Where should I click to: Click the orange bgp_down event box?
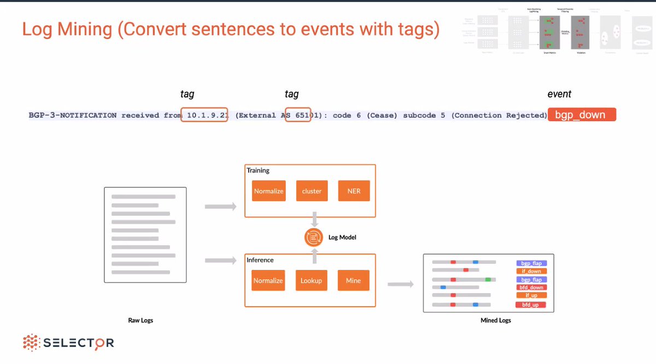tap(582, 115)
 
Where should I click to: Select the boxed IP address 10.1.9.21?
tap(204, 115)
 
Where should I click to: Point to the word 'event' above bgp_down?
tap(559, 94)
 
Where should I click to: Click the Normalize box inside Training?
tap(268, 191)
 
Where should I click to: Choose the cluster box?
tap(312, 191)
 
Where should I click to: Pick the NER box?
tap(354, 191)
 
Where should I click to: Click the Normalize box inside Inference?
tap(268, 280)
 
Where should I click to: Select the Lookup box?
tap(311, 280)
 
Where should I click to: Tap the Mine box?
tap(353, 280)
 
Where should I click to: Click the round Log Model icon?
tap(314, 238)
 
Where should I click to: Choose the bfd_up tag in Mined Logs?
tap(530, 304)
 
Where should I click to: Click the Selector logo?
tap(68, 343)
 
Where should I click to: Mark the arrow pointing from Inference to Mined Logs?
tap(400, 285)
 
